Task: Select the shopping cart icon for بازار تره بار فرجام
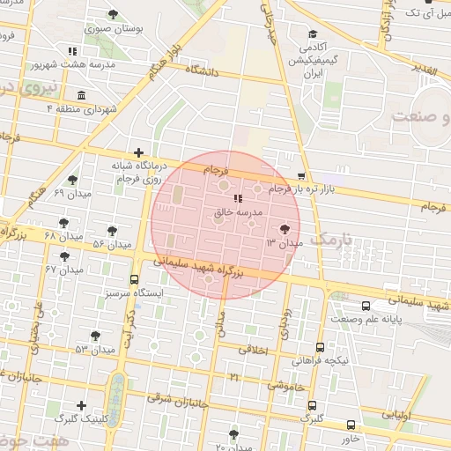tap(302, 175)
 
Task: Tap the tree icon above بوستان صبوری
tap(113, 13)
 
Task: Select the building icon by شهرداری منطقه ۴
tap(82, 95)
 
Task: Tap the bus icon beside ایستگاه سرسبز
tap(134, 279)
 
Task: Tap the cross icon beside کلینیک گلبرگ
tap(82, 405)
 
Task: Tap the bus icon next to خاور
tap(351, 425)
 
